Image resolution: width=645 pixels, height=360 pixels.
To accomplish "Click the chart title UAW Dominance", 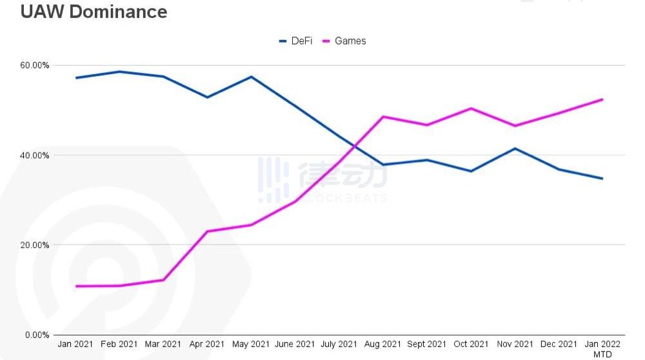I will tap(94, 12).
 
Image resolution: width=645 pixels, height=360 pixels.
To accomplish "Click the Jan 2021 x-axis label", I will tap(76, 345).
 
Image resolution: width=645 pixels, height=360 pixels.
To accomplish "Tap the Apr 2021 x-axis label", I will tap(208, 345).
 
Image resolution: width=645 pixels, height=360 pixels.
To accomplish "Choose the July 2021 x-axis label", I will tap(339, 345).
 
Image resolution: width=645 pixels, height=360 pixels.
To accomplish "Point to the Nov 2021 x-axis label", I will tap(515, 345).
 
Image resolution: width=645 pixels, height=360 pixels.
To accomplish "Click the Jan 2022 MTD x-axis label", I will tap(602, 348).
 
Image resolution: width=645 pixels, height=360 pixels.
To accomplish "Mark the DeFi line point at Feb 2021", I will tap(120, 72).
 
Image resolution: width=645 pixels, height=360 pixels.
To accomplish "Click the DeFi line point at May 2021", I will tap(252, 77).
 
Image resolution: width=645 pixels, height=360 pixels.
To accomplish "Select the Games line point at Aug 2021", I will tap(383, 117).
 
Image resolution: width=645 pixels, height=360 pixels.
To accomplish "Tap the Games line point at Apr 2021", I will tap(208, 231).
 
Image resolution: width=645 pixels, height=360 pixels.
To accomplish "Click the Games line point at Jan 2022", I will tap(602, 99).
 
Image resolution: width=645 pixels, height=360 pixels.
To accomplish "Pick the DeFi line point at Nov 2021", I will tap(515, 148).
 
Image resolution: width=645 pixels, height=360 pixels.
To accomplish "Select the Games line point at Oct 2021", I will tap(471, 108).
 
